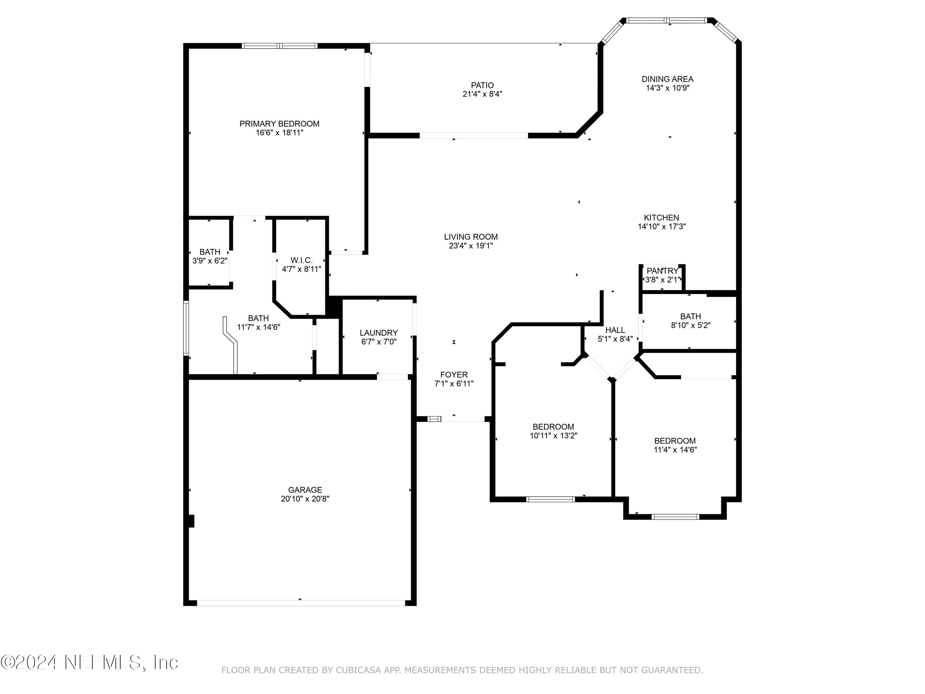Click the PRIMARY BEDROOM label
(x=279, y=124)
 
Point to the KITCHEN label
(x=661, y=217)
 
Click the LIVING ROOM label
(x=471, y=237)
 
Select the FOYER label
(x=454, y=375)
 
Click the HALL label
(x=615, y=330)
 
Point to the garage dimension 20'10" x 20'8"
(x=305, y=499)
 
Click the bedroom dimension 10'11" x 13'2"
(x=553, y=436)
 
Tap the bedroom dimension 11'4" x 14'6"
(x=675, y=450)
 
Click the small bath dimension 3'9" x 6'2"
(x=209, y=261)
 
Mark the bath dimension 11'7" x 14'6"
(x=258, y=327)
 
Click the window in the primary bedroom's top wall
(x=280, y=46)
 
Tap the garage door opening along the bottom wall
(x=300, y=603)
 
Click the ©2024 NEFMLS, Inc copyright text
(x=89, y=662)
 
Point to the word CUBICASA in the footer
(x=358, y=670)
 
